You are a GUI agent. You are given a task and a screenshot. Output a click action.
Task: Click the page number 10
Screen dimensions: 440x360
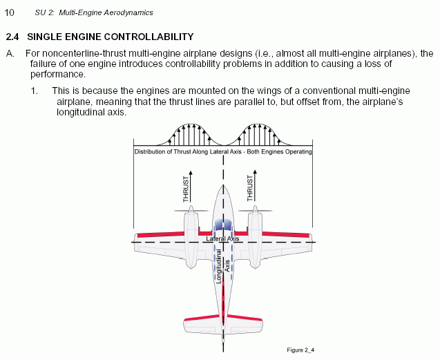click(x=9, y=12)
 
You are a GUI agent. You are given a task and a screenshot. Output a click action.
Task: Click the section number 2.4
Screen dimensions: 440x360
click(x=12, y=37)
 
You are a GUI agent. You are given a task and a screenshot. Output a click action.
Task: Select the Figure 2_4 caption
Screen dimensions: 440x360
click(x=300, y=350)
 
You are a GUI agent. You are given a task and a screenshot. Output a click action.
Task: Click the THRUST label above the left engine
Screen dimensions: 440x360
click(x=186, y=189)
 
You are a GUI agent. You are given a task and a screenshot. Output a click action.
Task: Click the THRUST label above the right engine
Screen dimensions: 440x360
click(x=250, y=188)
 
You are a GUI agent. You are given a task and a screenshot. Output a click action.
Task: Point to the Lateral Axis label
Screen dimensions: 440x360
click(x=222, y=238)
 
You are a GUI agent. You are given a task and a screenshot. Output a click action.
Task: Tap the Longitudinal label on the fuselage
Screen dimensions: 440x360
click(x=218, y=267)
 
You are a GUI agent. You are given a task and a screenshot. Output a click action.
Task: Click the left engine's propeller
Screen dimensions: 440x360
click(x=191, y=210)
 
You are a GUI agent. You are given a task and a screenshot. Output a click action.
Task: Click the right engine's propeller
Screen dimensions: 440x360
click(x=255, y=210)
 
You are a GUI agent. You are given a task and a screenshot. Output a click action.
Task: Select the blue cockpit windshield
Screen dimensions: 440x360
click(x=223, y=225)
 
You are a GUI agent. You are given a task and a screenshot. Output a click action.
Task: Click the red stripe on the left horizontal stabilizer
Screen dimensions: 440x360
click(x=202, y=317)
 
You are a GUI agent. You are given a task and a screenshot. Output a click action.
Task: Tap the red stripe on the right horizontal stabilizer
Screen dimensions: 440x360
click(x=245, y=317)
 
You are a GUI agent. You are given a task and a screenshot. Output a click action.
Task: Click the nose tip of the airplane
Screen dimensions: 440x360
click(x=223, y=185)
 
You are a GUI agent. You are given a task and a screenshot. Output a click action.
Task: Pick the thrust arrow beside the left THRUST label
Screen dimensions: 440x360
click(x=191, y=186)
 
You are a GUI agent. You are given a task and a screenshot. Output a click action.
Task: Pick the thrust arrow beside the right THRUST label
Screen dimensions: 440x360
click(x=255, y=185)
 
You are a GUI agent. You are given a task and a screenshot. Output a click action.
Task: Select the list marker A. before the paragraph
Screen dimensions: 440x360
click(x=10, y=53)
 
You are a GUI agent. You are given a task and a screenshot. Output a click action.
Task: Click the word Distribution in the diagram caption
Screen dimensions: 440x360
click(x=150, y=151)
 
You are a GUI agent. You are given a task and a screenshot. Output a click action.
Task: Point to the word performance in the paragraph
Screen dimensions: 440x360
click(x=57, y=75)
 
